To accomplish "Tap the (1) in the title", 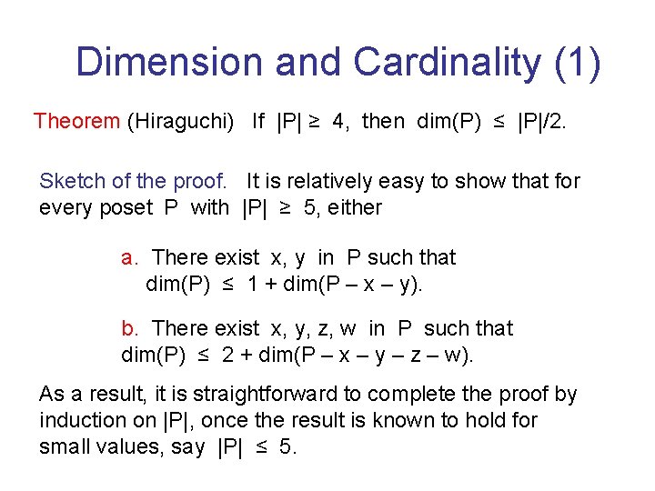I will pos(573,63).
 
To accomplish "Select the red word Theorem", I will pos(76,122).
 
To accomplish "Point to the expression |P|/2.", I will pos(540,122).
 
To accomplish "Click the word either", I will pos(355,207).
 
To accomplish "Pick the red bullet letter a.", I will pos(128,258).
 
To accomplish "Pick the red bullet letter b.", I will pos(128,328).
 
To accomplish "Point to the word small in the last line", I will pos(64,447).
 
